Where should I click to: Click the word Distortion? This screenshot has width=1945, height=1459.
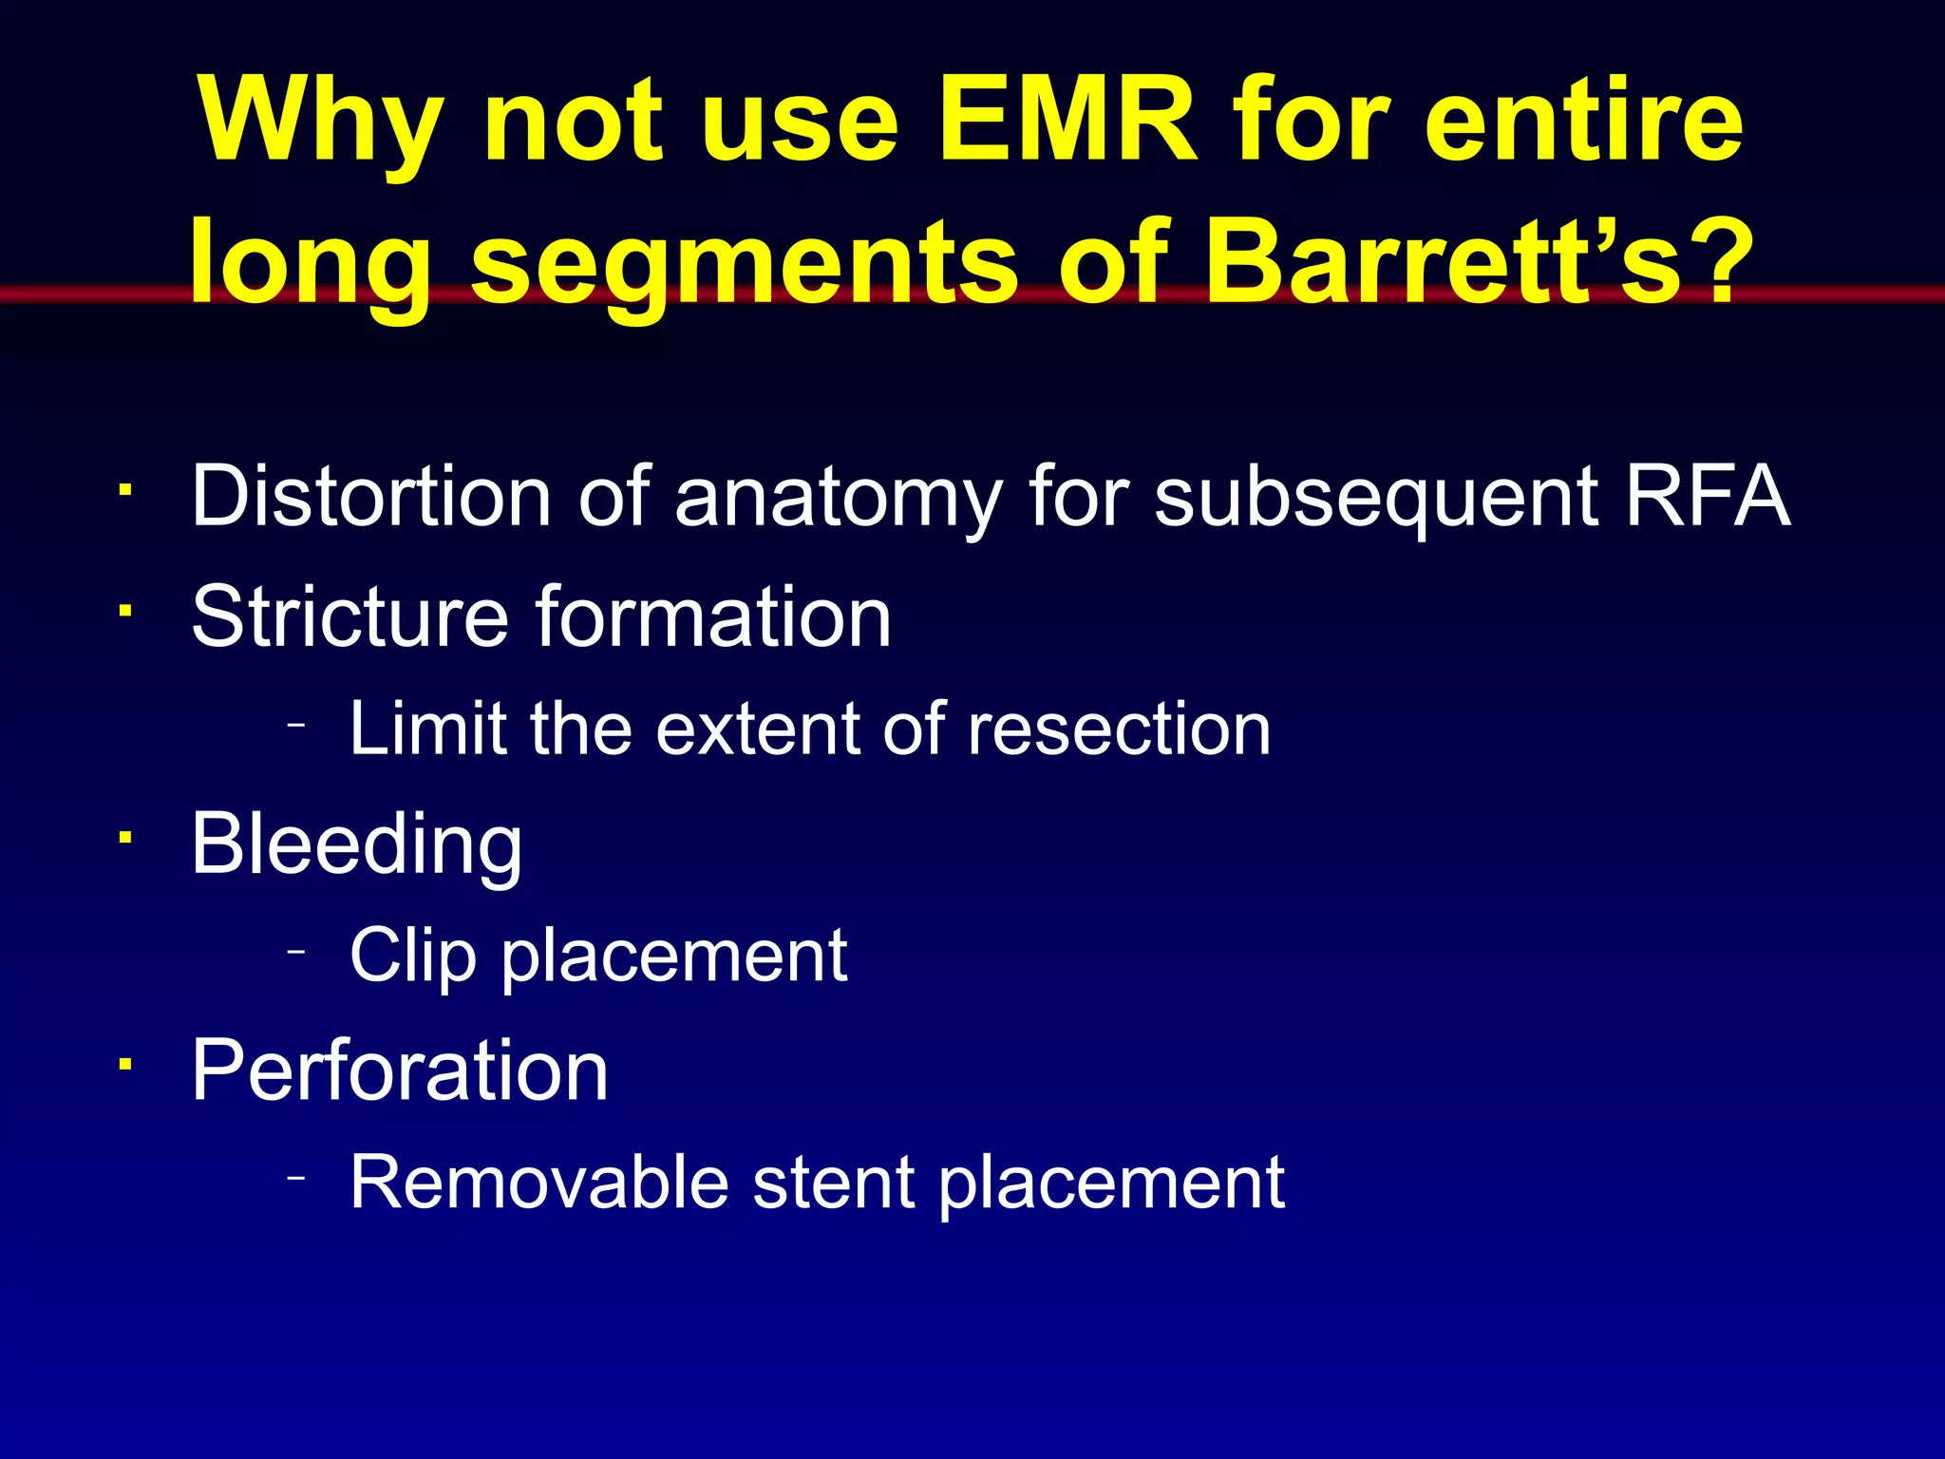(371, 496)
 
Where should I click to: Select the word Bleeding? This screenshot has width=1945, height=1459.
(356, 845)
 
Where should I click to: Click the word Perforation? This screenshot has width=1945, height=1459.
(400, 1071)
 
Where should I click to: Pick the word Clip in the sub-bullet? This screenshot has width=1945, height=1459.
(412, 957)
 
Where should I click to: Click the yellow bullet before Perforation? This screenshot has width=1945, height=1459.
(124, 1063)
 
